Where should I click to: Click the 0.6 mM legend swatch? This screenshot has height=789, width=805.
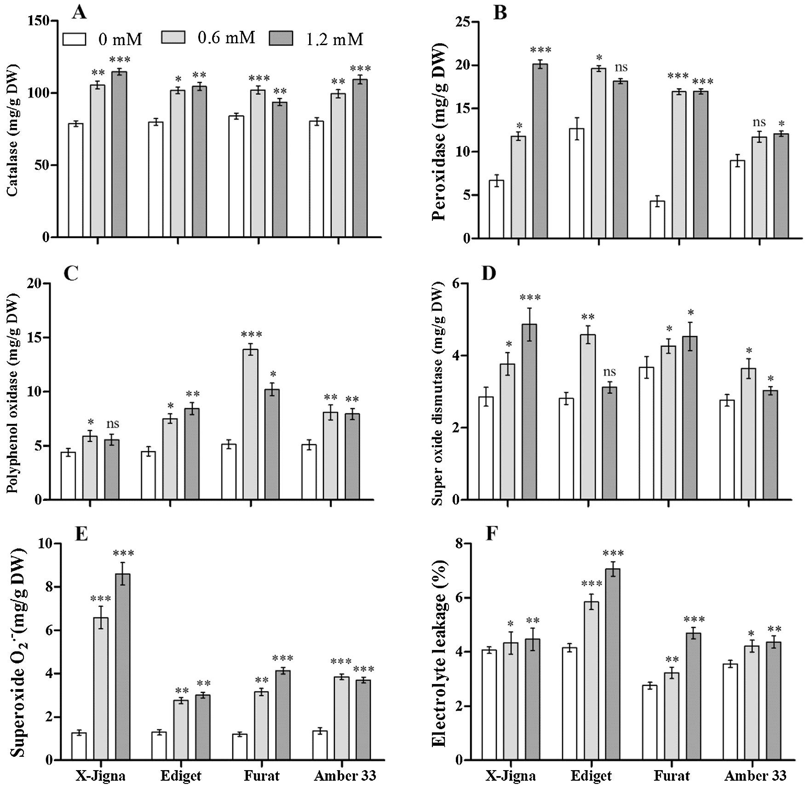173,38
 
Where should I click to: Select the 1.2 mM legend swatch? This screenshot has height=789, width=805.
281,38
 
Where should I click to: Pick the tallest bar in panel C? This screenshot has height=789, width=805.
251,424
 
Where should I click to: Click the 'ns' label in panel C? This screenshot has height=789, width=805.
112,423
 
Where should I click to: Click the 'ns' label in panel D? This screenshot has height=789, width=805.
609,372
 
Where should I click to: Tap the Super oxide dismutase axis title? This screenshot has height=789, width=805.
438,396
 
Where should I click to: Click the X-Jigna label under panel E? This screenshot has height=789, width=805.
100,776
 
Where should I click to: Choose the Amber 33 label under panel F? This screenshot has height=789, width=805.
755,776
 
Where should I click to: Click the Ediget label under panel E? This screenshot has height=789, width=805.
181,776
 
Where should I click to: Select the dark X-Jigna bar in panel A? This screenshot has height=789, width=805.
120,154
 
